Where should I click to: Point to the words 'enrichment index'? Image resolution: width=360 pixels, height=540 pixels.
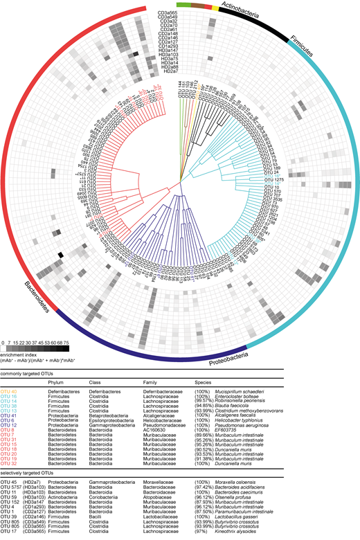[x=17, y=354]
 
